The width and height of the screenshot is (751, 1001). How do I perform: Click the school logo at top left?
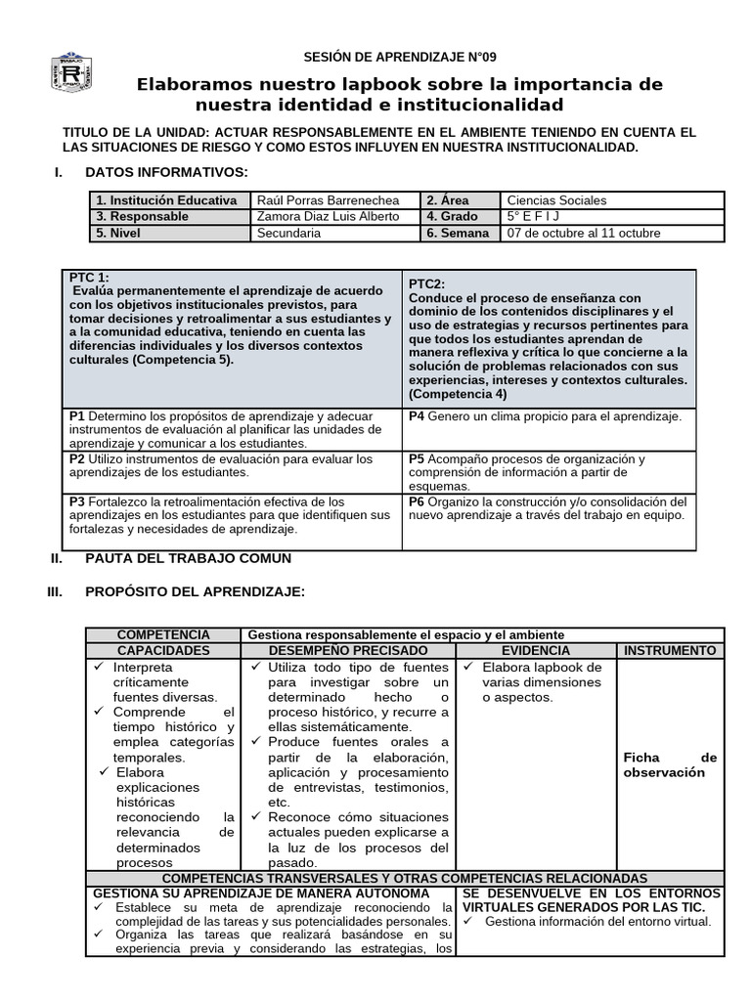click(x=72, y=73)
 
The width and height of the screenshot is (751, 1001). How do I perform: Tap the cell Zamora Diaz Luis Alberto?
click(x=328, y=216)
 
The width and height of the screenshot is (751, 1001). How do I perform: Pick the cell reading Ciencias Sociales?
click(x=556, y=200)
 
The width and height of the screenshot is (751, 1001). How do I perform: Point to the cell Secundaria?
click(x=288, y=233)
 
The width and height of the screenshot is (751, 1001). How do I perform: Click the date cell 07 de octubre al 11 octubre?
click(x=583, y=233)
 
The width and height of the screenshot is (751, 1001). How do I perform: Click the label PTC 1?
click(x=89, y=278)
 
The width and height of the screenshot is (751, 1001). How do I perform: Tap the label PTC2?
click(x=426, y=283)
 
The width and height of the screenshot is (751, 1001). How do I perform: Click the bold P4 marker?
click(x=417, y=416)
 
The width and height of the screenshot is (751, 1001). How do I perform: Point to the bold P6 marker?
click(x=417, y=501)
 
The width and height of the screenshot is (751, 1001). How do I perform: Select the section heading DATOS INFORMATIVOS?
click(x=167, y=172)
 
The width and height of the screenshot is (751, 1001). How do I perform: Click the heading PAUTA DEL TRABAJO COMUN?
click(x=188, y=558)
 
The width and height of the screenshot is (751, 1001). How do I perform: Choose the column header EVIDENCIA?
click(x=536, y=650)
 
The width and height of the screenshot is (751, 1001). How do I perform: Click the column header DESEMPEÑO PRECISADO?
click(x=348, y=650)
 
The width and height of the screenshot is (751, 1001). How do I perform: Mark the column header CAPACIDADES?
click(x=163, y=650)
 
